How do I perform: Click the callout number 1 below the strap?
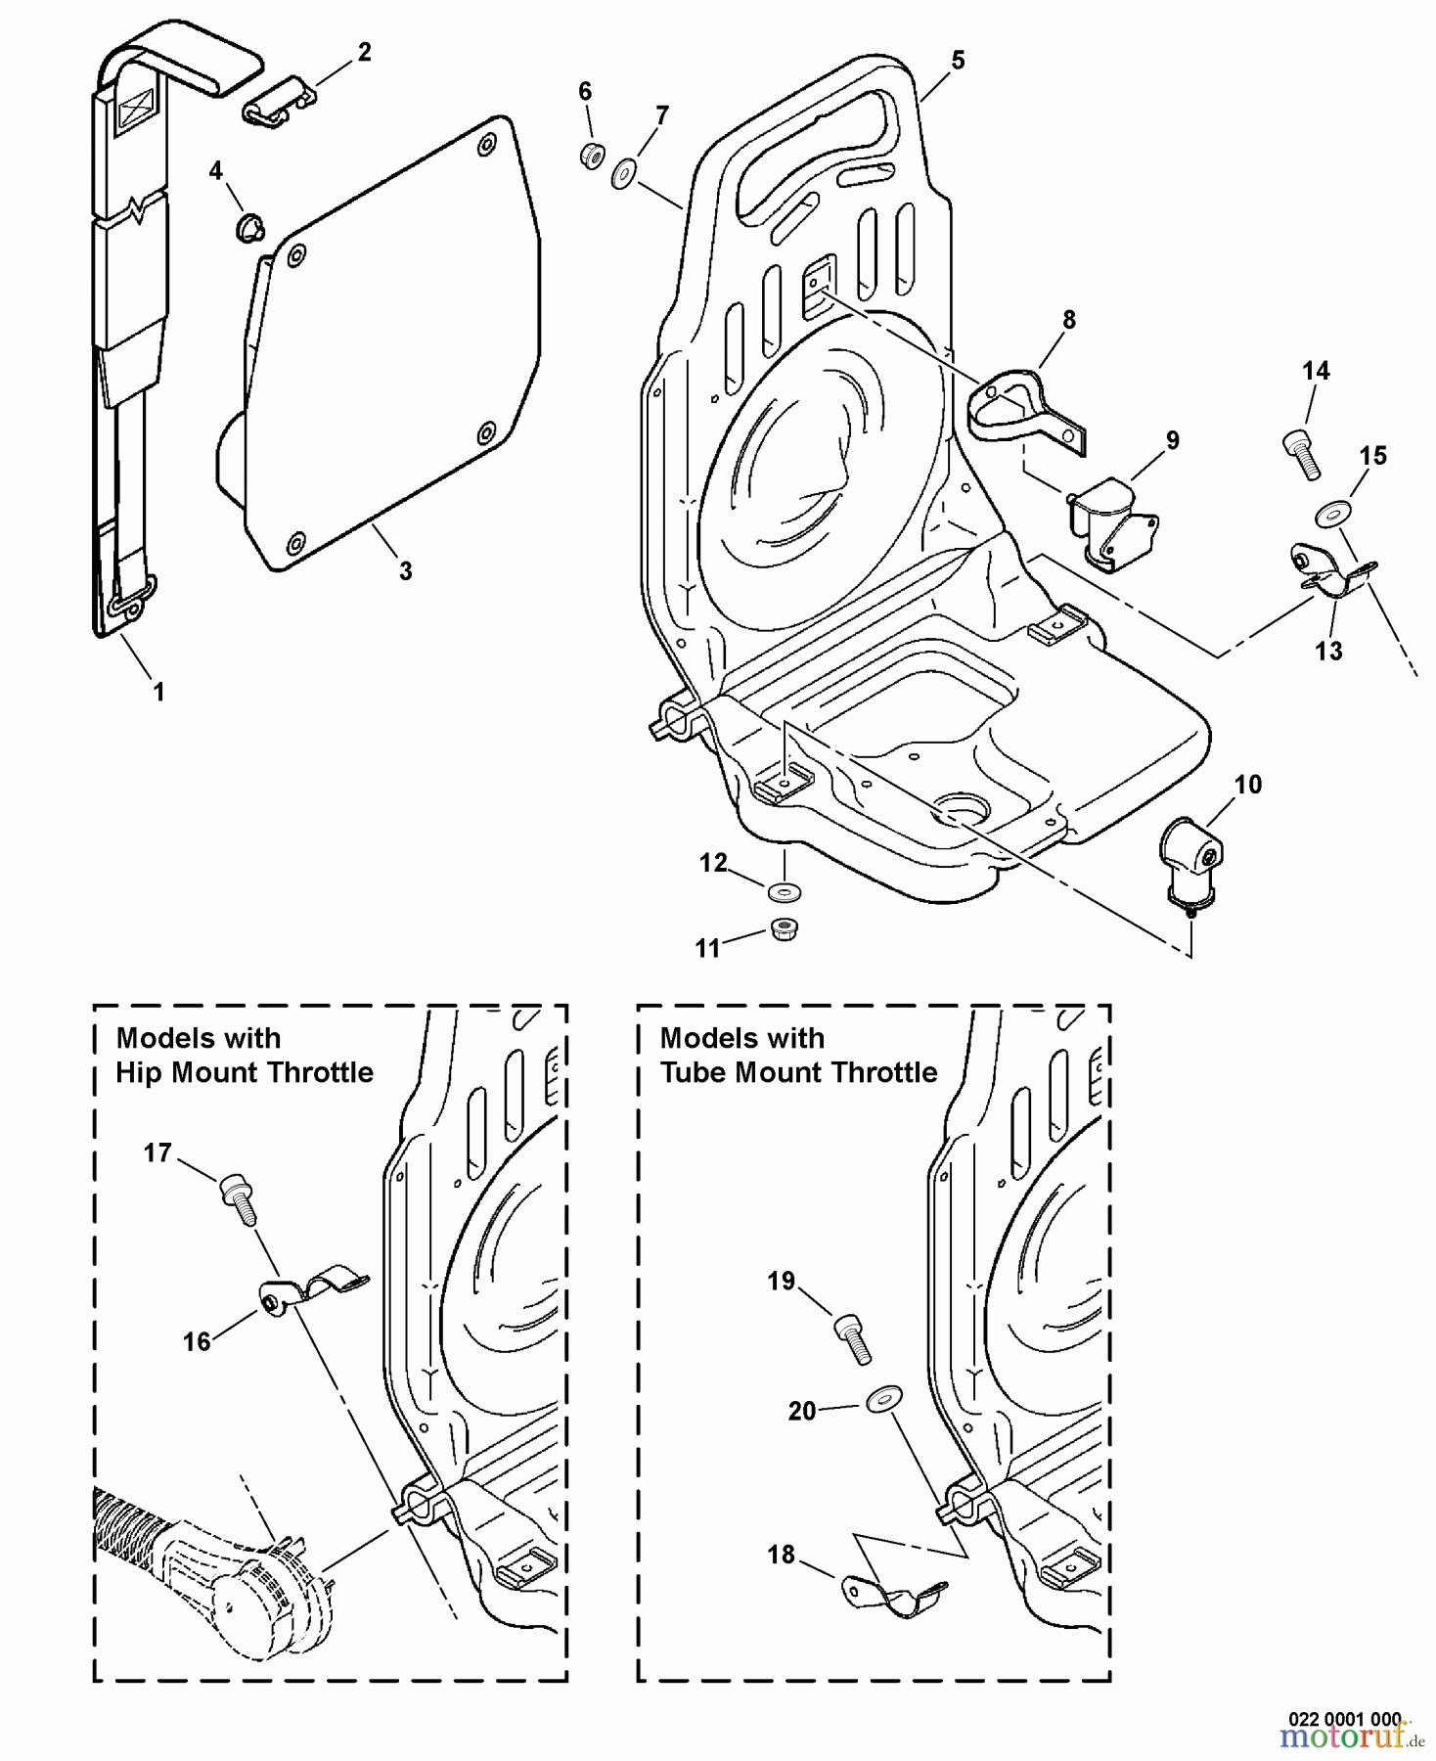click(x=158, y=692)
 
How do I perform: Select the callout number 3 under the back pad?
click(x=405, y=570)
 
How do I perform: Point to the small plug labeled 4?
click(x=248, y=230)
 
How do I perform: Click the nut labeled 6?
click(x=591, y=155)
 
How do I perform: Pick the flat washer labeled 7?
click(x=623, y=176)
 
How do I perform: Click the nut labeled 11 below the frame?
click(x=783, y=928)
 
